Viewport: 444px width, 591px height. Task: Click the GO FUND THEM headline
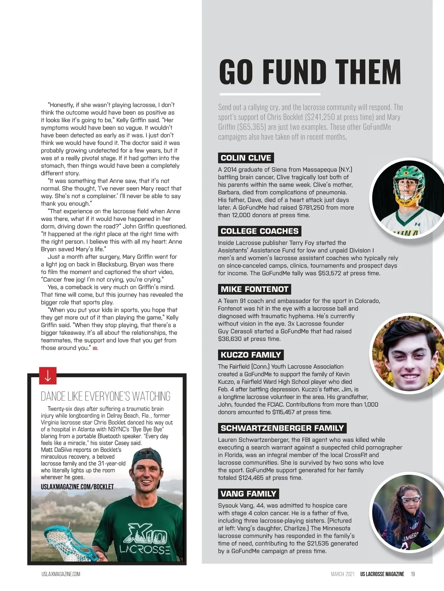click(310, 72)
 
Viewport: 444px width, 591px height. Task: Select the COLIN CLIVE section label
click(246, 158)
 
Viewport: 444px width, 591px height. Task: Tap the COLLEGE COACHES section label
click(259, 231)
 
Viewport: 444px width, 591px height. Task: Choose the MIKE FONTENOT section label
click(254, 289)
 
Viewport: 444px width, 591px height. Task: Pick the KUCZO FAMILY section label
click(250, 355)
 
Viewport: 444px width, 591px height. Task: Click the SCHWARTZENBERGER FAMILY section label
click(282, 428)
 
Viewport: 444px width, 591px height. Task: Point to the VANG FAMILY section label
click(248, 494)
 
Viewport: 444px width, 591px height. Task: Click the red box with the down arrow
click(48, 376)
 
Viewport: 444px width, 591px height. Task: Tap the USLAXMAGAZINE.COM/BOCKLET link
click(77, 487)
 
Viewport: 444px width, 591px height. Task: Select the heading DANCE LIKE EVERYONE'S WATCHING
click(105, 396)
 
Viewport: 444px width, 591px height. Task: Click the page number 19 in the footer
click(413, 574)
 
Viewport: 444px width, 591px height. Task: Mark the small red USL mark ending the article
click(95, 348)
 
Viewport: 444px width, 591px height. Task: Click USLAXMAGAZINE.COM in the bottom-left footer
click(61, 574)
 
